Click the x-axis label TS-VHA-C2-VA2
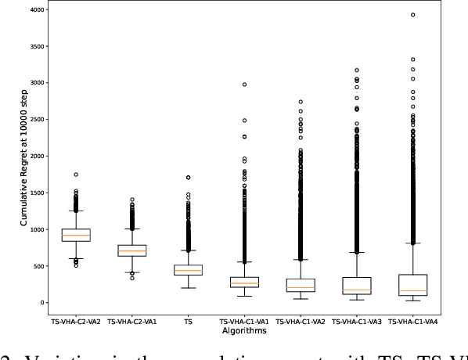coord(76,321)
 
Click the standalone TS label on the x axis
coord(188,321)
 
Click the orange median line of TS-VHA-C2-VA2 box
coord(76,236)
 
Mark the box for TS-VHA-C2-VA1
coord(132,250)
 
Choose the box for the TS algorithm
coord(188,270)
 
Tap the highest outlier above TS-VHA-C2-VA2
coord(76,175)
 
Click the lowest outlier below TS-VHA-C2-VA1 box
coord(132,278)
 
